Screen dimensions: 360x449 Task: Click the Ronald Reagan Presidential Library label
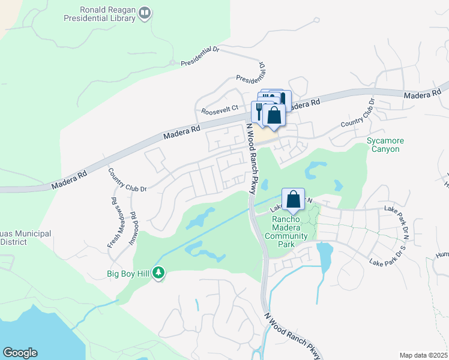click(x=101, y=14)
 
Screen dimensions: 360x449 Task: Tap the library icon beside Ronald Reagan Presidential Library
click(x=145, y=13)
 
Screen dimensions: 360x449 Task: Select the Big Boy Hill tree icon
click(x=158, y=274)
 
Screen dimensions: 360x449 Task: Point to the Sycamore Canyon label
click(x=385, y=145)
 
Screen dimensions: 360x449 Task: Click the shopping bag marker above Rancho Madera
click(x=293, y=199)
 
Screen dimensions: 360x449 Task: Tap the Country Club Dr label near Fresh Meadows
click(x=127, y=181)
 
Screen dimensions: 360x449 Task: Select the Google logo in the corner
click(x=20, y=353)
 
